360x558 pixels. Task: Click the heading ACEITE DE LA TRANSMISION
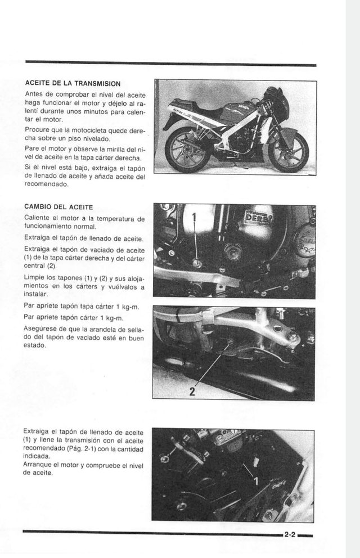[72, 83]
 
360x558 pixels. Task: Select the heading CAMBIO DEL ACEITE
[58, 207]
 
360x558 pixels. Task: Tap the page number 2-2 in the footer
[290, 535]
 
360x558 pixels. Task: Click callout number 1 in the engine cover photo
[194, 217]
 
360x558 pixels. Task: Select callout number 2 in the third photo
[192, 392]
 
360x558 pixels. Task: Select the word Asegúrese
[41, 329]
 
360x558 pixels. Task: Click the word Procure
[38, 130]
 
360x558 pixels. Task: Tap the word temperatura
[116, 218]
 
